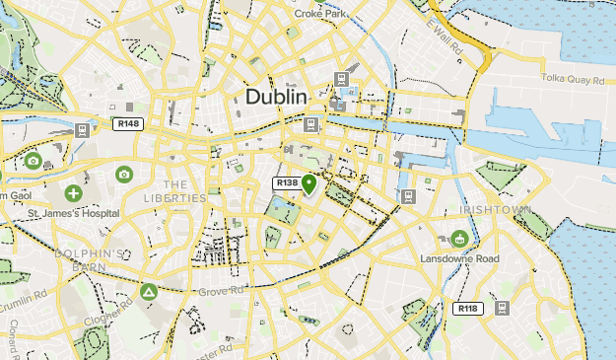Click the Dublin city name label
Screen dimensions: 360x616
276,97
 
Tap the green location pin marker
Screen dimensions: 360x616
309,184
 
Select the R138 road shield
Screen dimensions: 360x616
287,183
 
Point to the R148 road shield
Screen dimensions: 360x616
128,124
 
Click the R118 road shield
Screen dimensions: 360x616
468,309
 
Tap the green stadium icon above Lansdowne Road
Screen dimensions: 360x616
459,239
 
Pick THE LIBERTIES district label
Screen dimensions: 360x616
175,191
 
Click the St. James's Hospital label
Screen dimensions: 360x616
74,213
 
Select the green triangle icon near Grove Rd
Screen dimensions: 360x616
149,293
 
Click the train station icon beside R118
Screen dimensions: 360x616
501,309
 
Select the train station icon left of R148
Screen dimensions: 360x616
82,128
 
